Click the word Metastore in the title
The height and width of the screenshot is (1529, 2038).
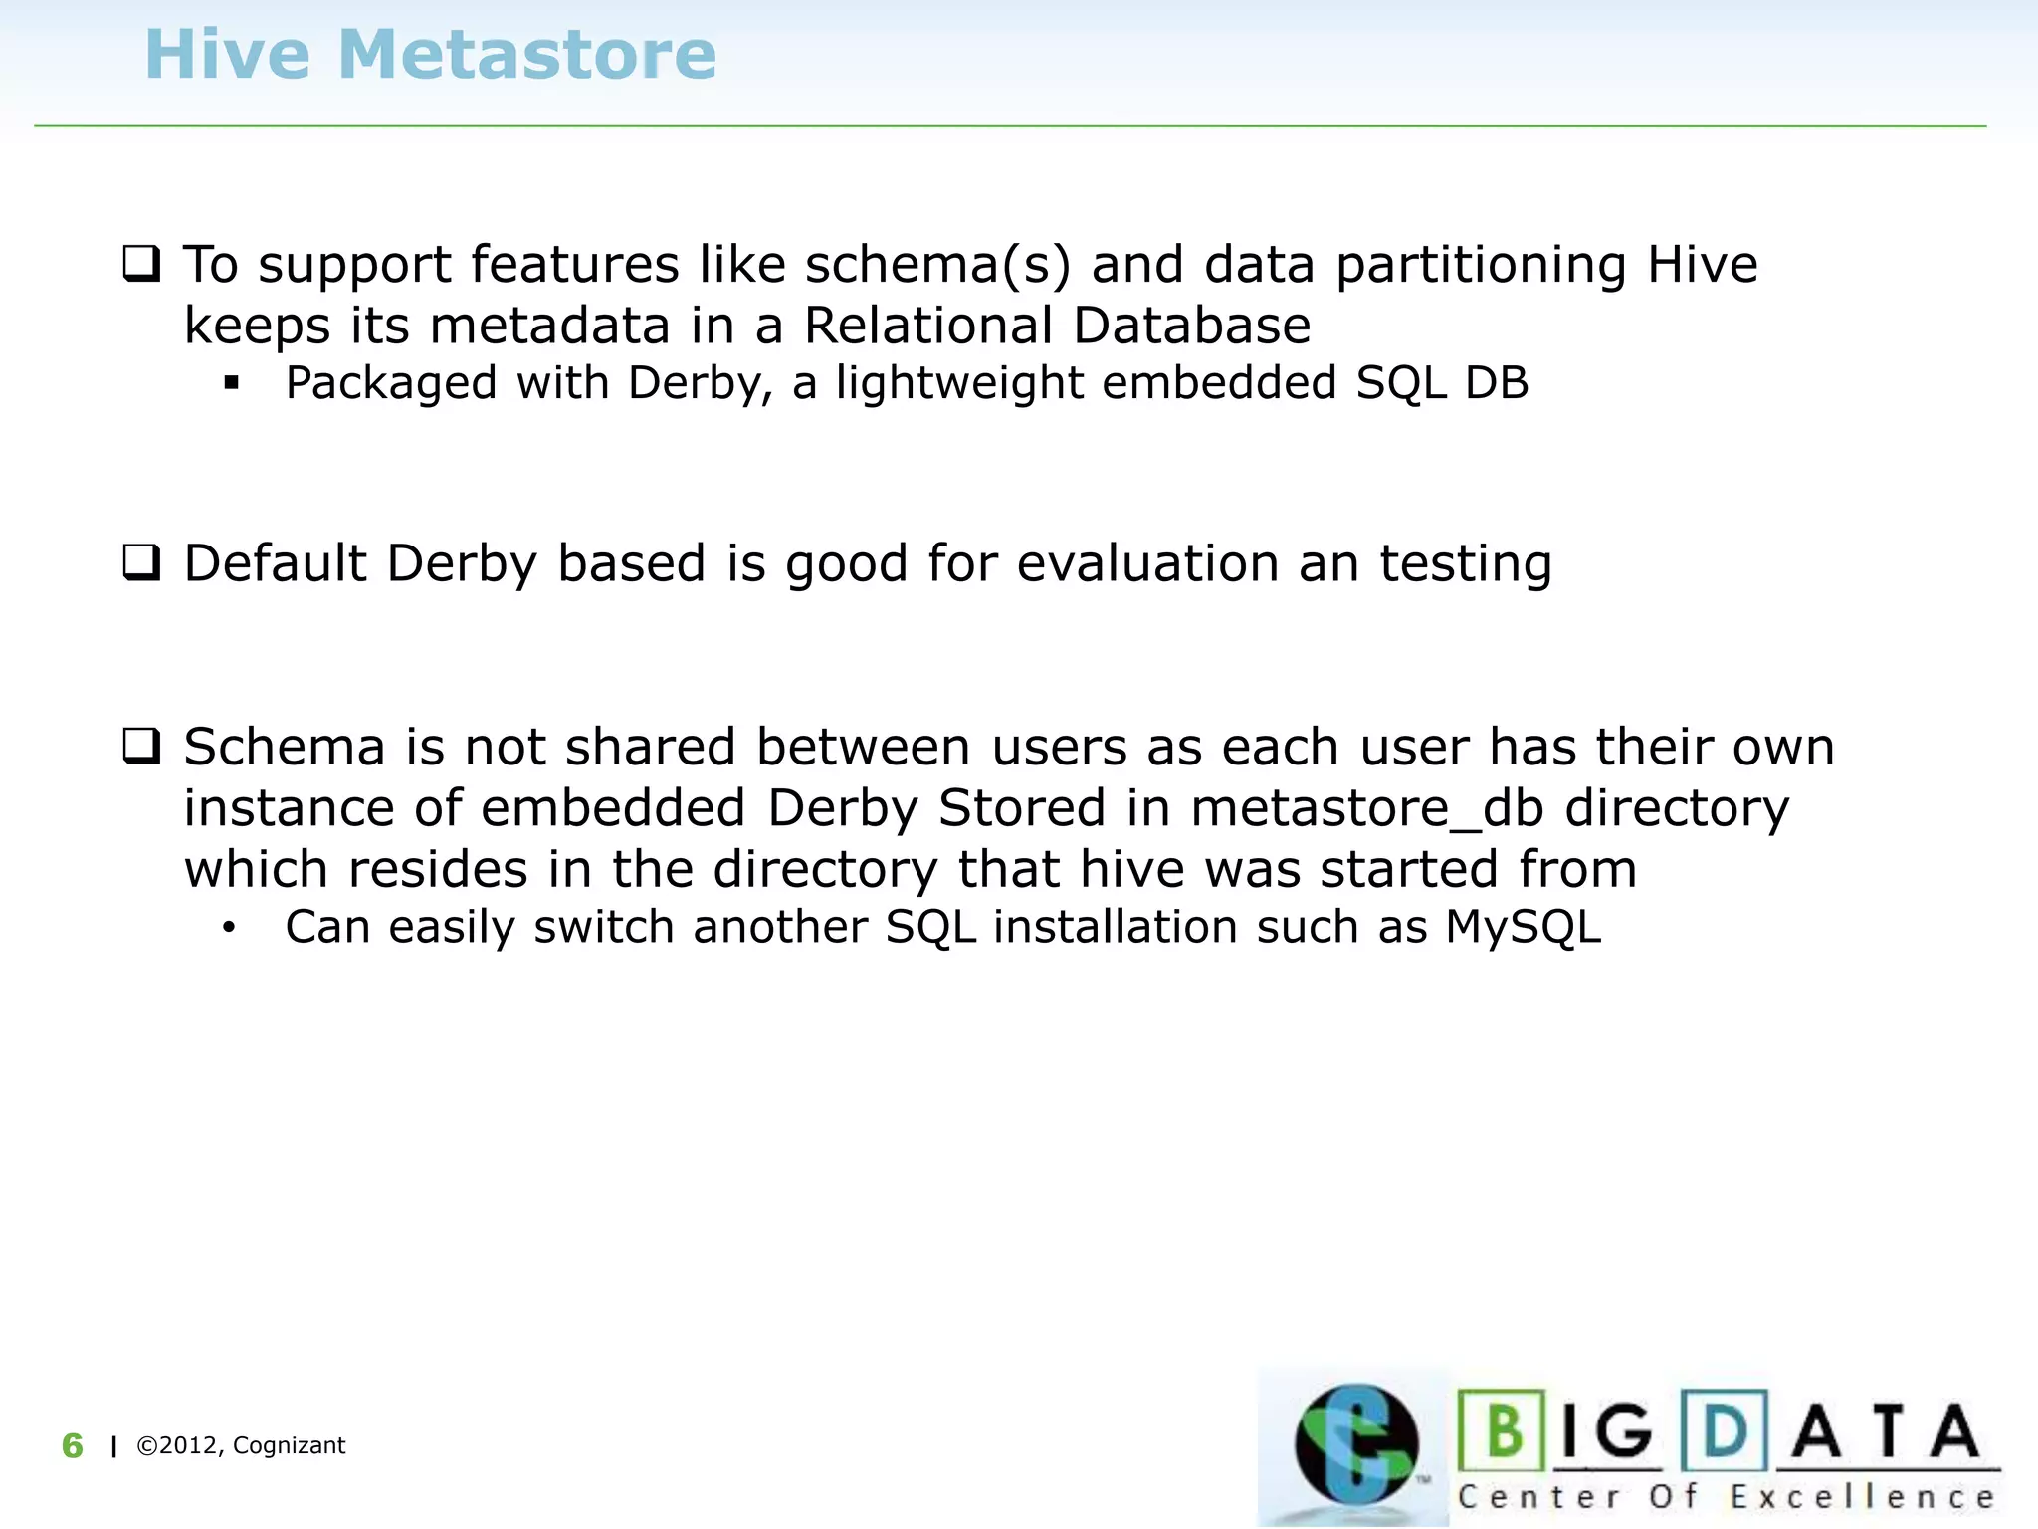(x=526, y=55)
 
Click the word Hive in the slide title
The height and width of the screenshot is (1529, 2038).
(x=228, y=55)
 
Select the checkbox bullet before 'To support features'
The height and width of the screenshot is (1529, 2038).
(x=141, y=264)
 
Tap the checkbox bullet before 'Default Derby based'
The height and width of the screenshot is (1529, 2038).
(x=141, y=562)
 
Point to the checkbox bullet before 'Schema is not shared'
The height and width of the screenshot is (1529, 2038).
(x=141, y=746)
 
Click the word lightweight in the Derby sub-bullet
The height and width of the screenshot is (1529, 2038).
(x=959, y=384)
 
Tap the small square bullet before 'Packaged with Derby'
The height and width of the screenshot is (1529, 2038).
(x=232, y=383)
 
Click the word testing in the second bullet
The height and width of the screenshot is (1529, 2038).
(x=1465, y=565)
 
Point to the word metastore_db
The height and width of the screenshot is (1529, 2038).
(x=1367, y=808)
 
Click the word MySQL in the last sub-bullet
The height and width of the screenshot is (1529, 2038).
(x=1523, y=928)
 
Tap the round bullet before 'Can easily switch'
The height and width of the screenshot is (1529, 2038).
(x=230, y=928)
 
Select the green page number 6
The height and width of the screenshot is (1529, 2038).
(x=73, y=1445)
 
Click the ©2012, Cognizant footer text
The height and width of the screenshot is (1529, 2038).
(x=241, y=1445)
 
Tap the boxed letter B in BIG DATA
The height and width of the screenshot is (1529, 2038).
(x=1503, y=1430)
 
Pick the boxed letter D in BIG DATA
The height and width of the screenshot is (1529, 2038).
(x=1725, y=1430)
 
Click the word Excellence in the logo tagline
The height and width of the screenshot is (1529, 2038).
(x=1862, y=1497)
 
